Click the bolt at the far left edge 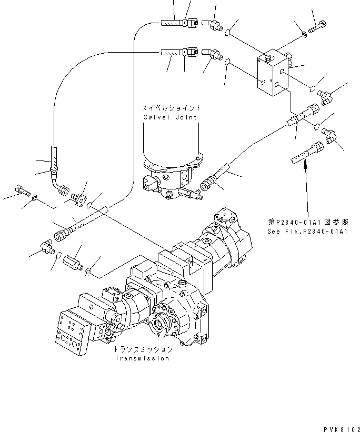[21, 189]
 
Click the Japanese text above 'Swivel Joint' [169, 108]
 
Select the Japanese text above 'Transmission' [142, 349]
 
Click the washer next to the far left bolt [35, 198]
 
